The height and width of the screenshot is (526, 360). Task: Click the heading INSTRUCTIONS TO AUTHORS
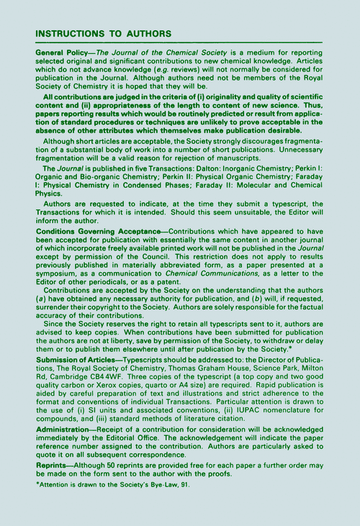coord(103,34)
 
